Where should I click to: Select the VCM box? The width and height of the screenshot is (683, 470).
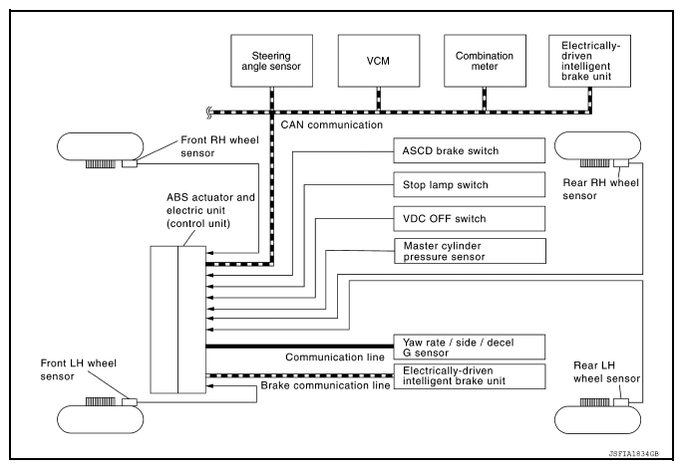click(x=378, y=59)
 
